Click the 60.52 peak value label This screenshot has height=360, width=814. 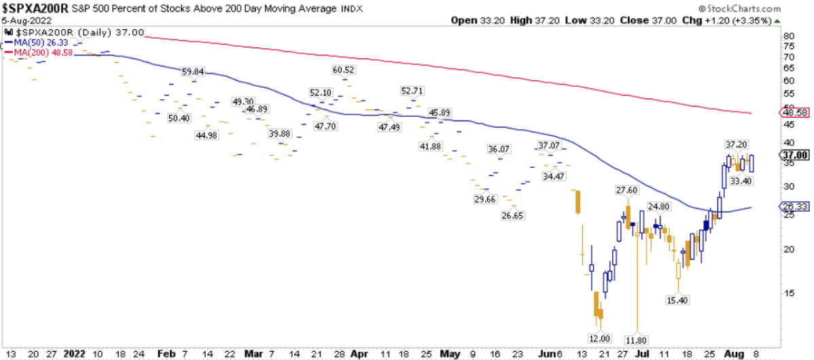(344, 69)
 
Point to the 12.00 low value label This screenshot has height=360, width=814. (599, 338)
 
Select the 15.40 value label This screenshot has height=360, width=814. (677, 300)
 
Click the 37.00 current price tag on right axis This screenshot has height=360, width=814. (796, 156)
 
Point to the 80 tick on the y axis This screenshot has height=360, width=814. (788, 35)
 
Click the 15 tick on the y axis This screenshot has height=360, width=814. (788, 293)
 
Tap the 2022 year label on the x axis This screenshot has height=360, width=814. (75, 354)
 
